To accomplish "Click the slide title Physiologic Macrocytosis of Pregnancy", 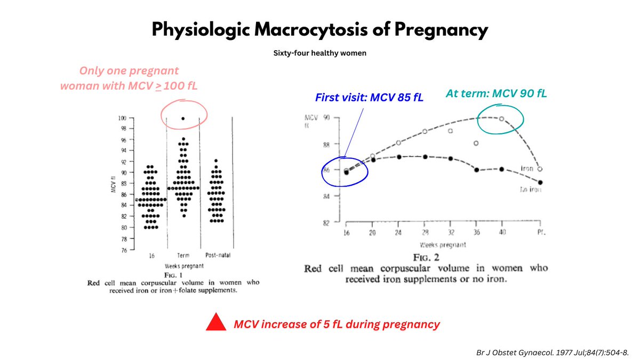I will (x=320, y=30).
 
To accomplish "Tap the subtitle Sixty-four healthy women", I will (x=320, y=54).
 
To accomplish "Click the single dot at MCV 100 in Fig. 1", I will (x=183, y=118).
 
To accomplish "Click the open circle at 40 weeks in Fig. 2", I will (x=501, y=118).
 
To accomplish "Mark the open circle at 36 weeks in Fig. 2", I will (x=476, y=143).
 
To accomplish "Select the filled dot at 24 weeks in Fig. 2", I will (x=398, y=157).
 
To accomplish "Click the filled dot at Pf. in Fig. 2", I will (x=540, y=182).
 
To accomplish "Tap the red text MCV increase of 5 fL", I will (x=337, y=324).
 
